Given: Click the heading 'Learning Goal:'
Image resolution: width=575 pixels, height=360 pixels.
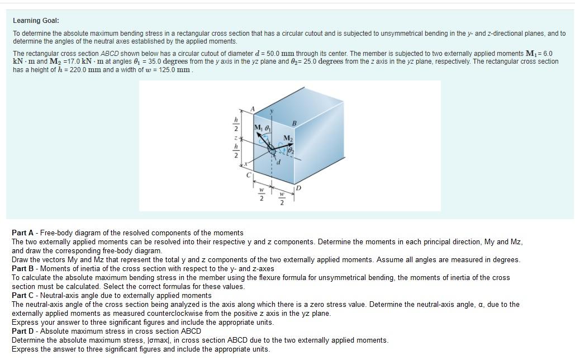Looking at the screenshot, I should (36, 21).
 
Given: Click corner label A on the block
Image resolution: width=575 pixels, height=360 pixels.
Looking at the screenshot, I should (253, 109).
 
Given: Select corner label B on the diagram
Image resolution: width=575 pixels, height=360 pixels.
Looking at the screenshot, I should (294, 122).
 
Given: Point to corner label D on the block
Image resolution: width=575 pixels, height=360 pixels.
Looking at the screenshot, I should (299, 189).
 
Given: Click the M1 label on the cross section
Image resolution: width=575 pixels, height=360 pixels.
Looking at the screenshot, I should (259, 128).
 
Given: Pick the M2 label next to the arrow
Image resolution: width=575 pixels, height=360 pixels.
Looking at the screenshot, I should (288, 138).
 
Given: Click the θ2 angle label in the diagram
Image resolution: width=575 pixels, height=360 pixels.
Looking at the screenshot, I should (292, 149).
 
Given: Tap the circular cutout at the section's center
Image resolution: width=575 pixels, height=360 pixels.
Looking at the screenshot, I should (272, 150).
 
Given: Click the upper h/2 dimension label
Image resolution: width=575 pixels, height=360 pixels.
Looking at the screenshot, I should (236, 124).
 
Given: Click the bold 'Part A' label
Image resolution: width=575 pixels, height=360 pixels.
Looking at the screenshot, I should (23, 233).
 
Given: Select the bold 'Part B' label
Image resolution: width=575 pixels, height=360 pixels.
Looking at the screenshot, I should (23, 269).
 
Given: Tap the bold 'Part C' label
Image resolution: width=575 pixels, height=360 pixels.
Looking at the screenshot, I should (23, 296).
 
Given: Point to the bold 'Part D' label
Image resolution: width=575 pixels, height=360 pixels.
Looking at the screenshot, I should (23, 331).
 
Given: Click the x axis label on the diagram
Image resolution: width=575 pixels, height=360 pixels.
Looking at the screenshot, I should (244, 166).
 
